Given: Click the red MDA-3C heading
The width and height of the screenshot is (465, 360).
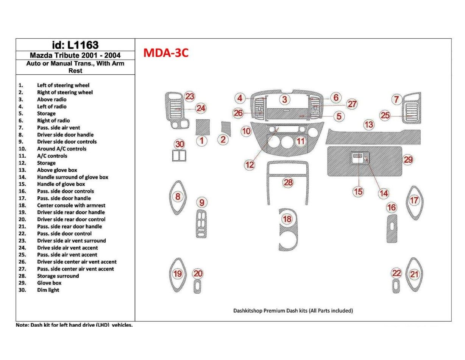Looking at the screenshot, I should pos(166,53).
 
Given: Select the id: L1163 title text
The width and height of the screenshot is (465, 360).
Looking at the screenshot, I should pos(75,45).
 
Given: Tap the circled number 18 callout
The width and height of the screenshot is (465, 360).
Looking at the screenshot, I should pos(287,219).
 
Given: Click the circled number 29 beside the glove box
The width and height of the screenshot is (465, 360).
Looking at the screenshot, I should pos(408,160).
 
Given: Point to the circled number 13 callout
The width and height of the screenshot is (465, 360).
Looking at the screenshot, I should pos(368,124).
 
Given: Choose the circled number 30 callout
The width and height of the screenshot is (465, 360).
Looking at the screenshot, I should pos(179,144).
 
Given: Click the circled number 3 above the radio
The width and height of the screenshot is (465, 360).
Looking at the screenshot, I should pos(284,100).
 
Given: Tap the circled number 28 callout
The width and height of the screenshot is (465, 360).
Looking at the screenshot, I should pos(288,183).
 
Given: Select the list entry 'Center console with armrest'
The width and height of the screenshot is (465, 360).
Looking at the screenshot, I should pos(71,205).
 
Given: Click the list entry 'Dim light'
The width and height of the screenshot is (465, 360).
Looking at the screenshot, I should pos(48,290).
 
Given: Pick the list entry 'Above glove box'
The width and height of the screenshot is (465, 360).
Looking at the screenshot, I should pos(57,170).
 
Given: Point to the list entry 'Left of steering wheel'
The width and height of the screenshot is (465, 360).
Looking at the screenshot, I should pos(63,86).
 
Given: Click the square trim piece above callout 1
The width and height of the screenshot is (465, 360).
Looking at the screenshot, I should pos(202,127).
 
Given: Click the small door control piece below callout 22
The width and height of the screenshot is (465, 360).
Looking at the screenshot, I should pos(396,286).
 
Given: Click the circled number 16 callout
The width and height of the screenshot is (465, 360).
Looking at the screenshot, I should pos(391,207).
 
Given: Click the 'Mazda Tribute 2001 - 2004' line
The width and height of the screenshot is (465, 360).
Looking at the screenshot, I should pos(75,55).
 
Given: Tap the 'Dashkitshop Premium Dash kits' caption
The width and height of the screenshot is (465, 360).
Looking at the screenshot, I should pos(293,311).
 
